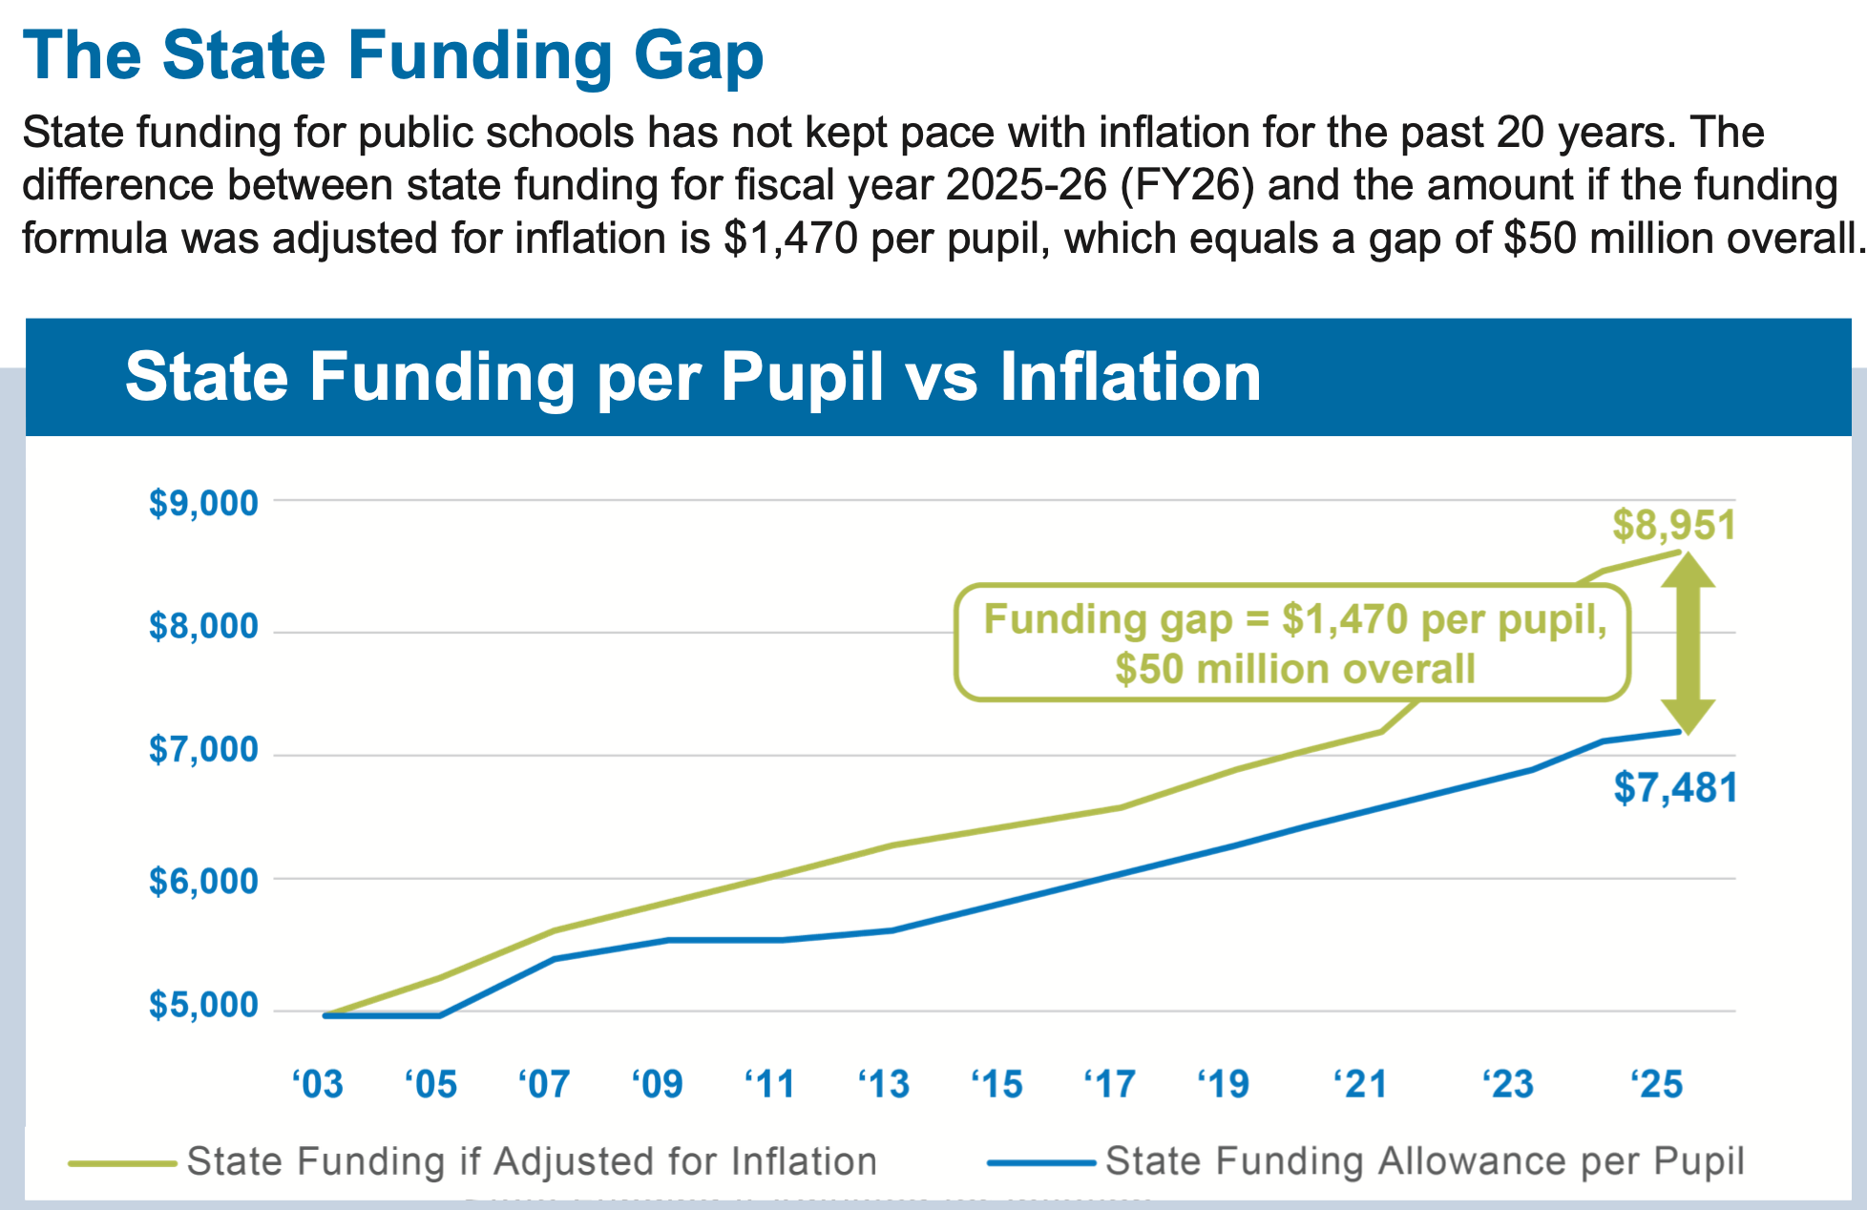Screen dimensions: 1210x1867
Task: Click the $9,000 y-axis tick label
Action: [x=203, y=503]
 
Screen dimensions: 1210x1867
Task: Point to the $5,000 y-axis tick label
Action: [x=203, y=1005]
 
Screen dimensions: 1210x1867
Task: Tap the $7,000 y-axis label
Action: [x=203, y=750]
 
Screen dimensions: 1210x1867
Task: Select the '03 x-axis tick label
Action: [x=318, y=1084]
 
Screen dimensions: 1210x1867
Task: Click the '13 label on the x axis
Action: [x=884, y=1084]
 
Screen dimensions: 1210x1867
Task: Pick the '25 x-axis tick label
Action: [x=1657, y=1084]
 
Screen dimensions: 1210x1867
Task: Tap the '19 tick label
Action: [x=1224, y=1084]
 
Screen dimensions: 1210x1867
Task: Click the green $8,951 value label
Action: [x=1673, y=526]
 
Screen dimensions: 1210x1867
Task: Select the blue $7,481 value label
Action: [x=1675, y=788]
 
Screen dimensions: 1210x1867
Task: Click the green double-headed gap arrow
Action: [x=1688, y=643]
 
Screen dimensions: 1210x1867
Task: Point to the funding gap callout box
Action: [x=1293, y=643]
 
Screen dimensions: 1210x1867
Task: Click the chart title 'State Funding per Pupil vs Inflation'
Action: [x=693, y=377]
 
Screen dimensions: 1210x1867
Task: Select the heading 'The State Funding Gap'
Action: [x=392, y=55]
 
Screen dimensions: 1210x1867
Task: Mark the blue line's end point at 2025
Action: [x=1679, y=732]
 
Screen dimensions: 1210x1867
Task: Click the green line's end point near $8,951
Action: [x=1679, y=553]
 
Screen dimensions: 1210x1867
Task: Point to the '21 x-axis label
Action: [x=1360, y=1084]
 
